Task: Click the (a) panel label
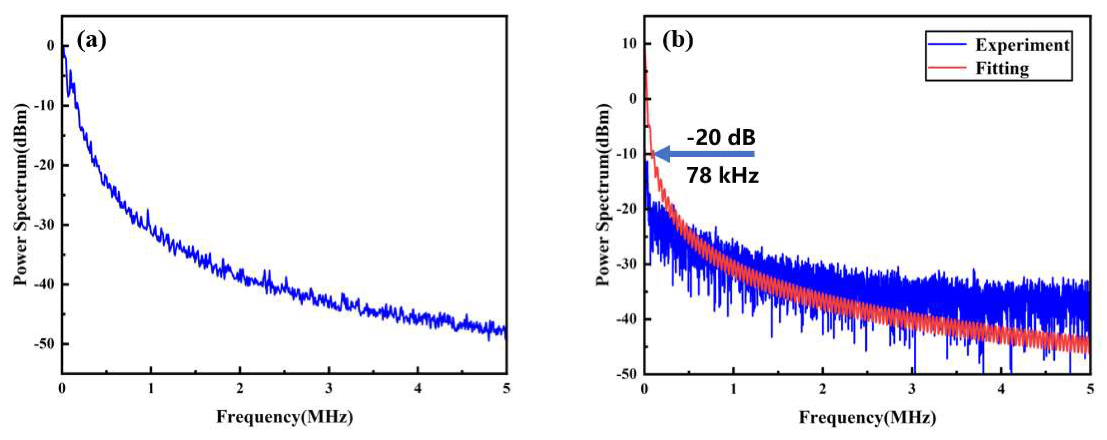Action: tap(91, 41)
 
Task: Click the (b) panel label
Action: tap(678, 41)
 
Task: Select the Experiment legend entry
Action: tap(1021, 45)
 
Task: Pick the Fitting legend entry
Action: tap(1002, 68)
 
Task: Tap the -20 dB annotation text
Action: tap(722, 138)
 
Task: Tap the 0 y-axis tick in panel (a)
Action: tap(51, 45)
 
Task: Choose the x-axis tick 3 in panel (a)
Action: tap(329, 389)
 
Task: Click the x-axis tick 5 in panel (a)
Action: tap(507, 389)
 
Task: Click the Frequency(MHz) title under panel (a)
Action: tap(284, 417)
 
